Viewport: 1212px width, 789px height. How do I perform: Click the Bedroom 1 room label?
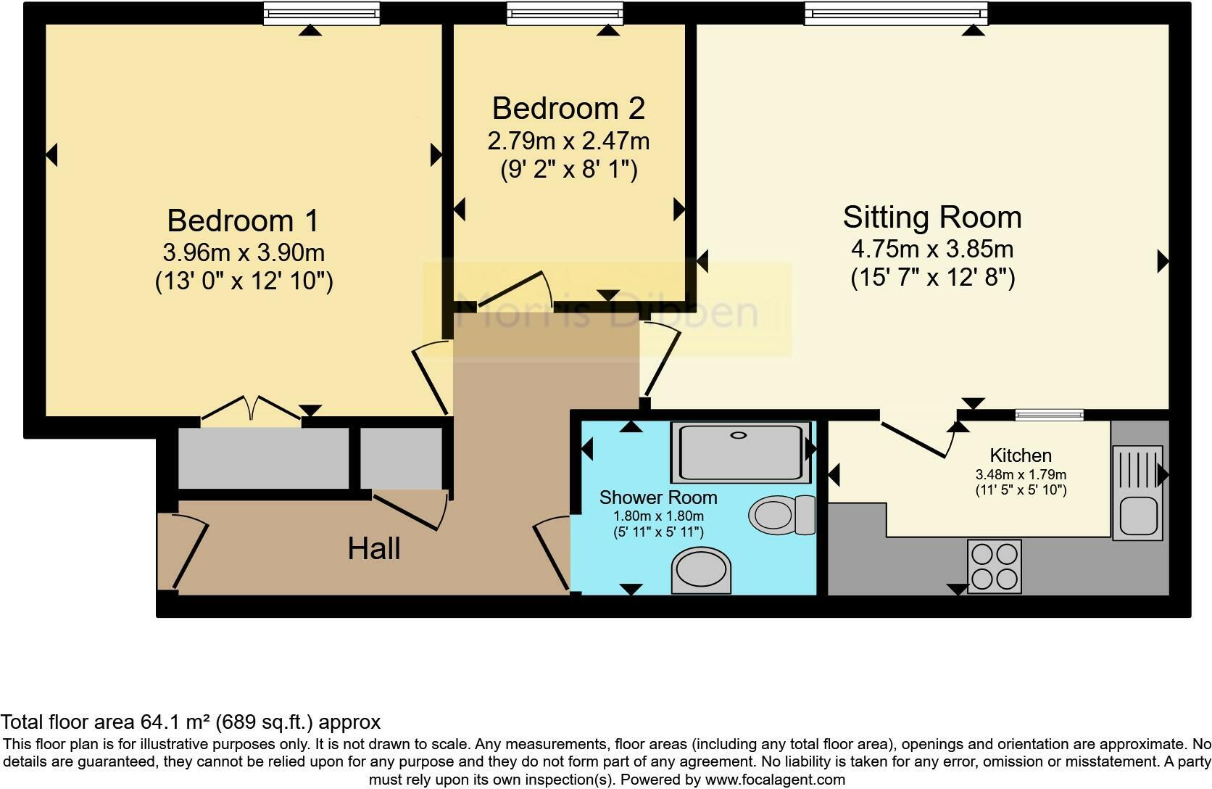tap(243, 220)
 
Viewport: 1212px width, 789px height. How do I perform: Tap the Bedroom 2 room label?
tap(568, 108)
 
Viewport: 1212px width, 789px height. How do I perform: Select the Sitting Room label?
tap(932, 217)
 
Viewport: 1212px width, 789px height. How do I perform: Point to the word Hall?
tap(374, 549)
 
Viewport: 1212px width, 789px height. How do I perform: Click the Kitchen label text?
tap(1021, 455)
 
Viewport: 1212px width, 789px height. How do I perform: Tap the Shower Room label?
tap(658, 497)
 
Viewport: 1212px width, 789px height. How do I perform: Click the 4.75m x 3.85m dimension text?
tap(932, 249)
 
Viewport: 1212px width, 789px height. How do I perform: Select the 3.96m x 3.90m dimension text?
tap(244, 252)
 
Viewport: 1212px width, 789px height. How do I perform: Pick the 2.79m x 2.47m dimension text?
tap(568, 141)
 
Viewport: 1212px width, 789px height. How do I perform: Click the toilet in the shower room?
tap(782, 515)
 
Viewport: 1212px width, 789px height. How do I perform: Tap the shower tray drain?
tap(738, 435)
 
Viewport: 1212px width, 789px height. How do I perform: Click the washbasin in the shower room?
tap(701, 570)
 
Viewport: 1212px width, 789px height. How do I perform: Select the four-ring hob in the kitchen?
tap(995, 566)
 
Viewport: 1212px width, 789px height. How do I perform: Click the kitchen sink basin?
tap(1138, 516)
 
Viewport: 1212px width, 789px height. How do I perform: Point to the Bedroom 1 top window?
tap(322, 14)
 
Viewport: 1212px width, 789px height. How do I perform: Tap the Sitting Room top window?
tap(896, 14)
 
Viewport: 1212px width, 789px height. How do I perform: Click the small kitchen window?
tap(1049, 415)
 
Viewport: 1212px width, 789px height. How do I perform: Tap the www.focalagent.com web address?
tap(775, 780)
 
